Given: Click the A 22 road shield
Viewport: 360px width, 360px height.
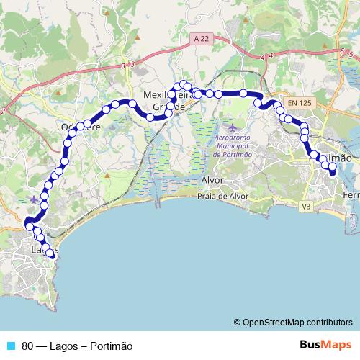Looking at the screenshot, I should [x=202, y=38].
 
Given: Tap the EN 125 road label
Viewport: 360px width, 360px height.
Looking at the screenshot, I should [x=299, y=103].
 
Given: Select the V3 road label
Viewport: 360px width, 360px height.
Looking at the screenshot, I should [x=306, y=207].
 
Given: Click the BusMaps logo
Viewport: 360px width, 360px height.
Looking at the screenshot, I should [x=325, y=345].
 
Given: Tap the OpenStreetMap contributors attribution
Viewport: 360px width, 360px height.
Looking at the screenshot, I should [x=292, y=323].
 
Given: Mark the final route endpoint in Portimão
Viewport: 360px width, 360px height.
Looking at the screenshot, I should [x=333, y=172].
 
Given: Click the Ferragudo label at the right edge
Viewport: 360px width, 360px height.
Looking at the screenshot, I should [x=351, y=195].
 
